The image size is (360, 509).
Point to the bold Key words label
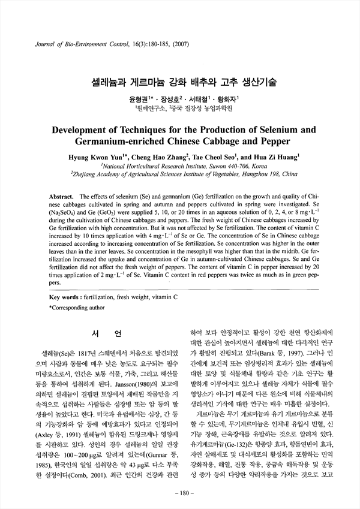tap(67, 297)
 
